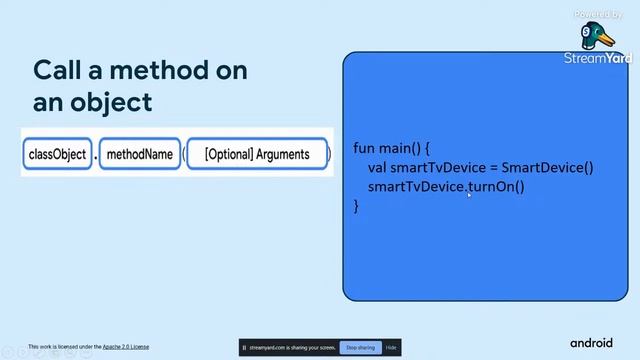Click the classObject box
tap(57, 155)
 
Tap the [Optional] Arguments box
tap(257, 155)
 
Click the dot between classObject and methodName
tap(96, 157)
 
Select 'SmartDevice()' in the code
tap(548, 167)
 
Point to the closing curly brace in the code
tap(356, 205)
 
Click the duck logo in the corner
tap(599, 36)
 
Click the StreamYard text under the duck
tap(599, 59)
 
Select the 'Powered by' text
tap(598, 14)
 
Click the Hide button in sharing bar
tap(391, 347)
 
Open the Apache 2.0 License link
tap(125, 347)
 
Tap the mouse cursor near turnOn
tap(469, 194)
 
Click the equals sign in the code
tap(492, 167)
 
